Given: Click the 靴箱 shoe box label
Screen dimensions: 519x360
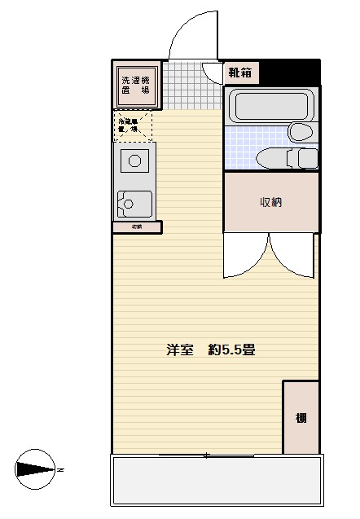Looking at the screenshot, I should pos(240,73).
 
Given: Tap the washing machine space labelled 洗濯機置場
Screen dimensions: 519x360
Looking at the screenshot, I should pos(136,86).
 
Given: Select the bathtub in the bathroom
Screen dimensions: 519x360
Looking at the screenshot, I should pos(270,107).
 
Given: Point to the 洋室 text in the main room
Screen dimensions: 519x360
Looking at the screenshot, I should pos(180,350).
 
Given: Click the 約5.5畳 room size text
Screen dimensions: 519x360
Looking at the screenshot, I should pos(232,350).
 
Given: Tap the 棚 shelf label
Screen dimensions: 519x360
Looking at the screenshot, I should pos(301,419).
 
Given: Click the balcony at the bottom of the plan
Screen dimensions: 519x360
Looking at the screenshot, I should pos(216,480).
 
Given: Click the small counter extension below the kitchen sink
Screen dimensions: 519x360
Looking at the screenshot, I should pos(137,227).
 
